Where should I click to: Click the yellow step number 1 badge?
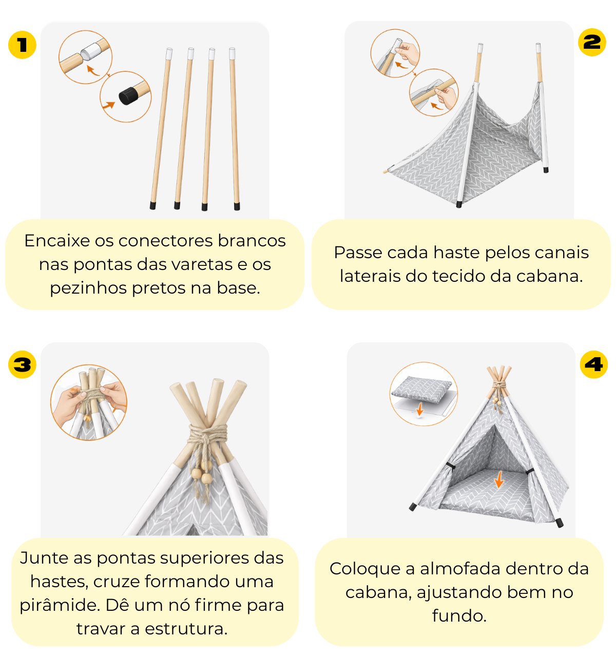tap(22, 45)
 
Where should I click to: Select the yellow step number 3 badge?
tap(22, 364)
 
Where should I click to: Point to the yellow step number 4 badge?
tap(593, 364)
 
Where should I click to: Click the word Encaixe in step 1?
tap(57, 241)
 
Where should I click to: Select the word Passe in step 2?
tap(358, 253)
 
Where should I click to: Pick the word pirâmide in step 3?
tap(60, 605)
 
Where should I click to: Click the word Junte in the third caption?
tap(44, 558)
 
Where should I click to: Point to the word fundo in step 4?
tap(459, 616)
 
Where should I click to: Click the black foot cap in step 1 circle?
tap(128, 95)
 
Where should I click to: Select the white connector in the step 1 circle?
tap(91, 51)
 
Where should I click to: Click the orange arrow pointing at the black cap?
tap(108, 105)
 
